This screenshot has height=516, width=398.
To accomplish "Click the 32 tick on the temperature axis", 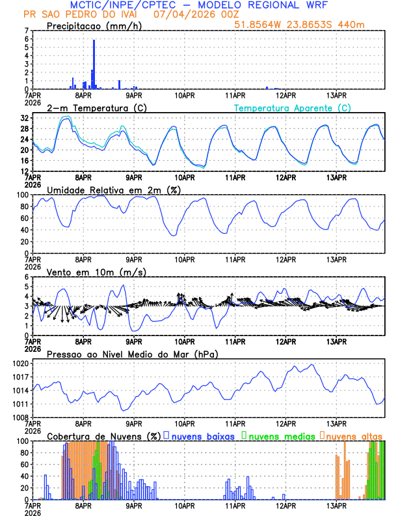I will point(25,119).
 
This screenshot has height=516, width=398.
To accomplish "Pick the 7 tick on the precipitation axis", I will point(27,31).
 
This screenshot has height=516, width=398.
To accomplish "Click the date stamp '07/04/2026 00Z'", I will point(188,14).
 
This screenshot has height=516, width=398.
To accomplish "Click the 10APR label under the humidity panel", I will point(185,259).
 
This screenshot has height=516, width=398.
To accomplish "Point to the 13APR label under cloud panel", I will point(336,506).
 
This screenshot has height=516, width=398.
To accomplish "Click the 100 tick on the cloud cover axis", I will point(23,441).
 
